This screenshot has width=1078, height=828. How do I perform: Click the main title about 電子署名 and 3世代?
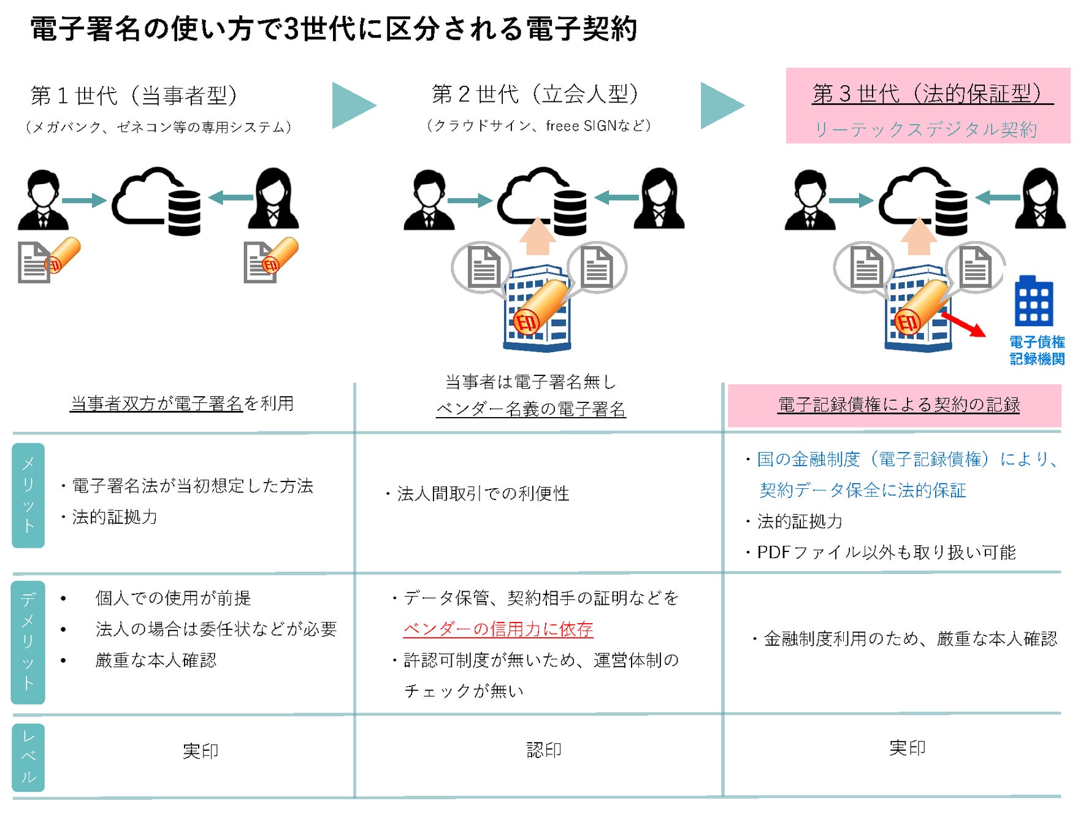(x=334, y=29)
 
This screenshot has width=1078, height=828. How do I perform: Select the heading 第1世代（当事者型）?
(x=134, y=96)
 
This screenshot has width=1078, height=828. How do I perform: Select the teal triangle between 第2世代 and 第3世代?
(x=722, y=105)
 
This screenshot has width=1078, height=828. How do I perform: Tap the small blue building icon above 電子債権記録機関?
(x=1034, y=301)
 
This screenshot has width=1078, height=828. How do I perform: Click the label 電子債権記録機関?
(x=1037, y=350)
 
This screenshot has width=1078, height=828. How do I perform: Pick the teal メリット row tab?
(x=28, y=495)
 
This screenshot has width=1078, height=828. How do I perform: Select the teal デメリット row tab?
(x=28, y=642)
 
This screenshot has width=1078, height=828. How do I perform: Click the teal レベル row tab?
(x=28, y=757)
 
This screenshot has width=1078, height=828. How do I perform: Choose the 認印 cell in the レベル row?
(x=544, y=749)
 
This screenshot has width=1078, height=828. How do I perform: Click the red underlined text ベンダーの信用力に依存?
(x=498, y=629)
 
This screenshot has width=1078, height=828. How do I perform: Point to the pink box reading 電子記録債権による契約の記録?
(x=894, y=405)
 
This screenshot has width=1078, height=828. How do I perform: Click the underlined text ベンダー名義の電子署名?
(x=531, y=409)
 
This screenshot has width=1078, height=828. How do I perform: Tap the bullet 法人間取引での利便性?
(x=478, y=494)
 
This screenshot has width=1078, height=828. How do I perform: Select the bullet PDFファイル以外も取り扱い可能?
(x=881, y=553)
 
